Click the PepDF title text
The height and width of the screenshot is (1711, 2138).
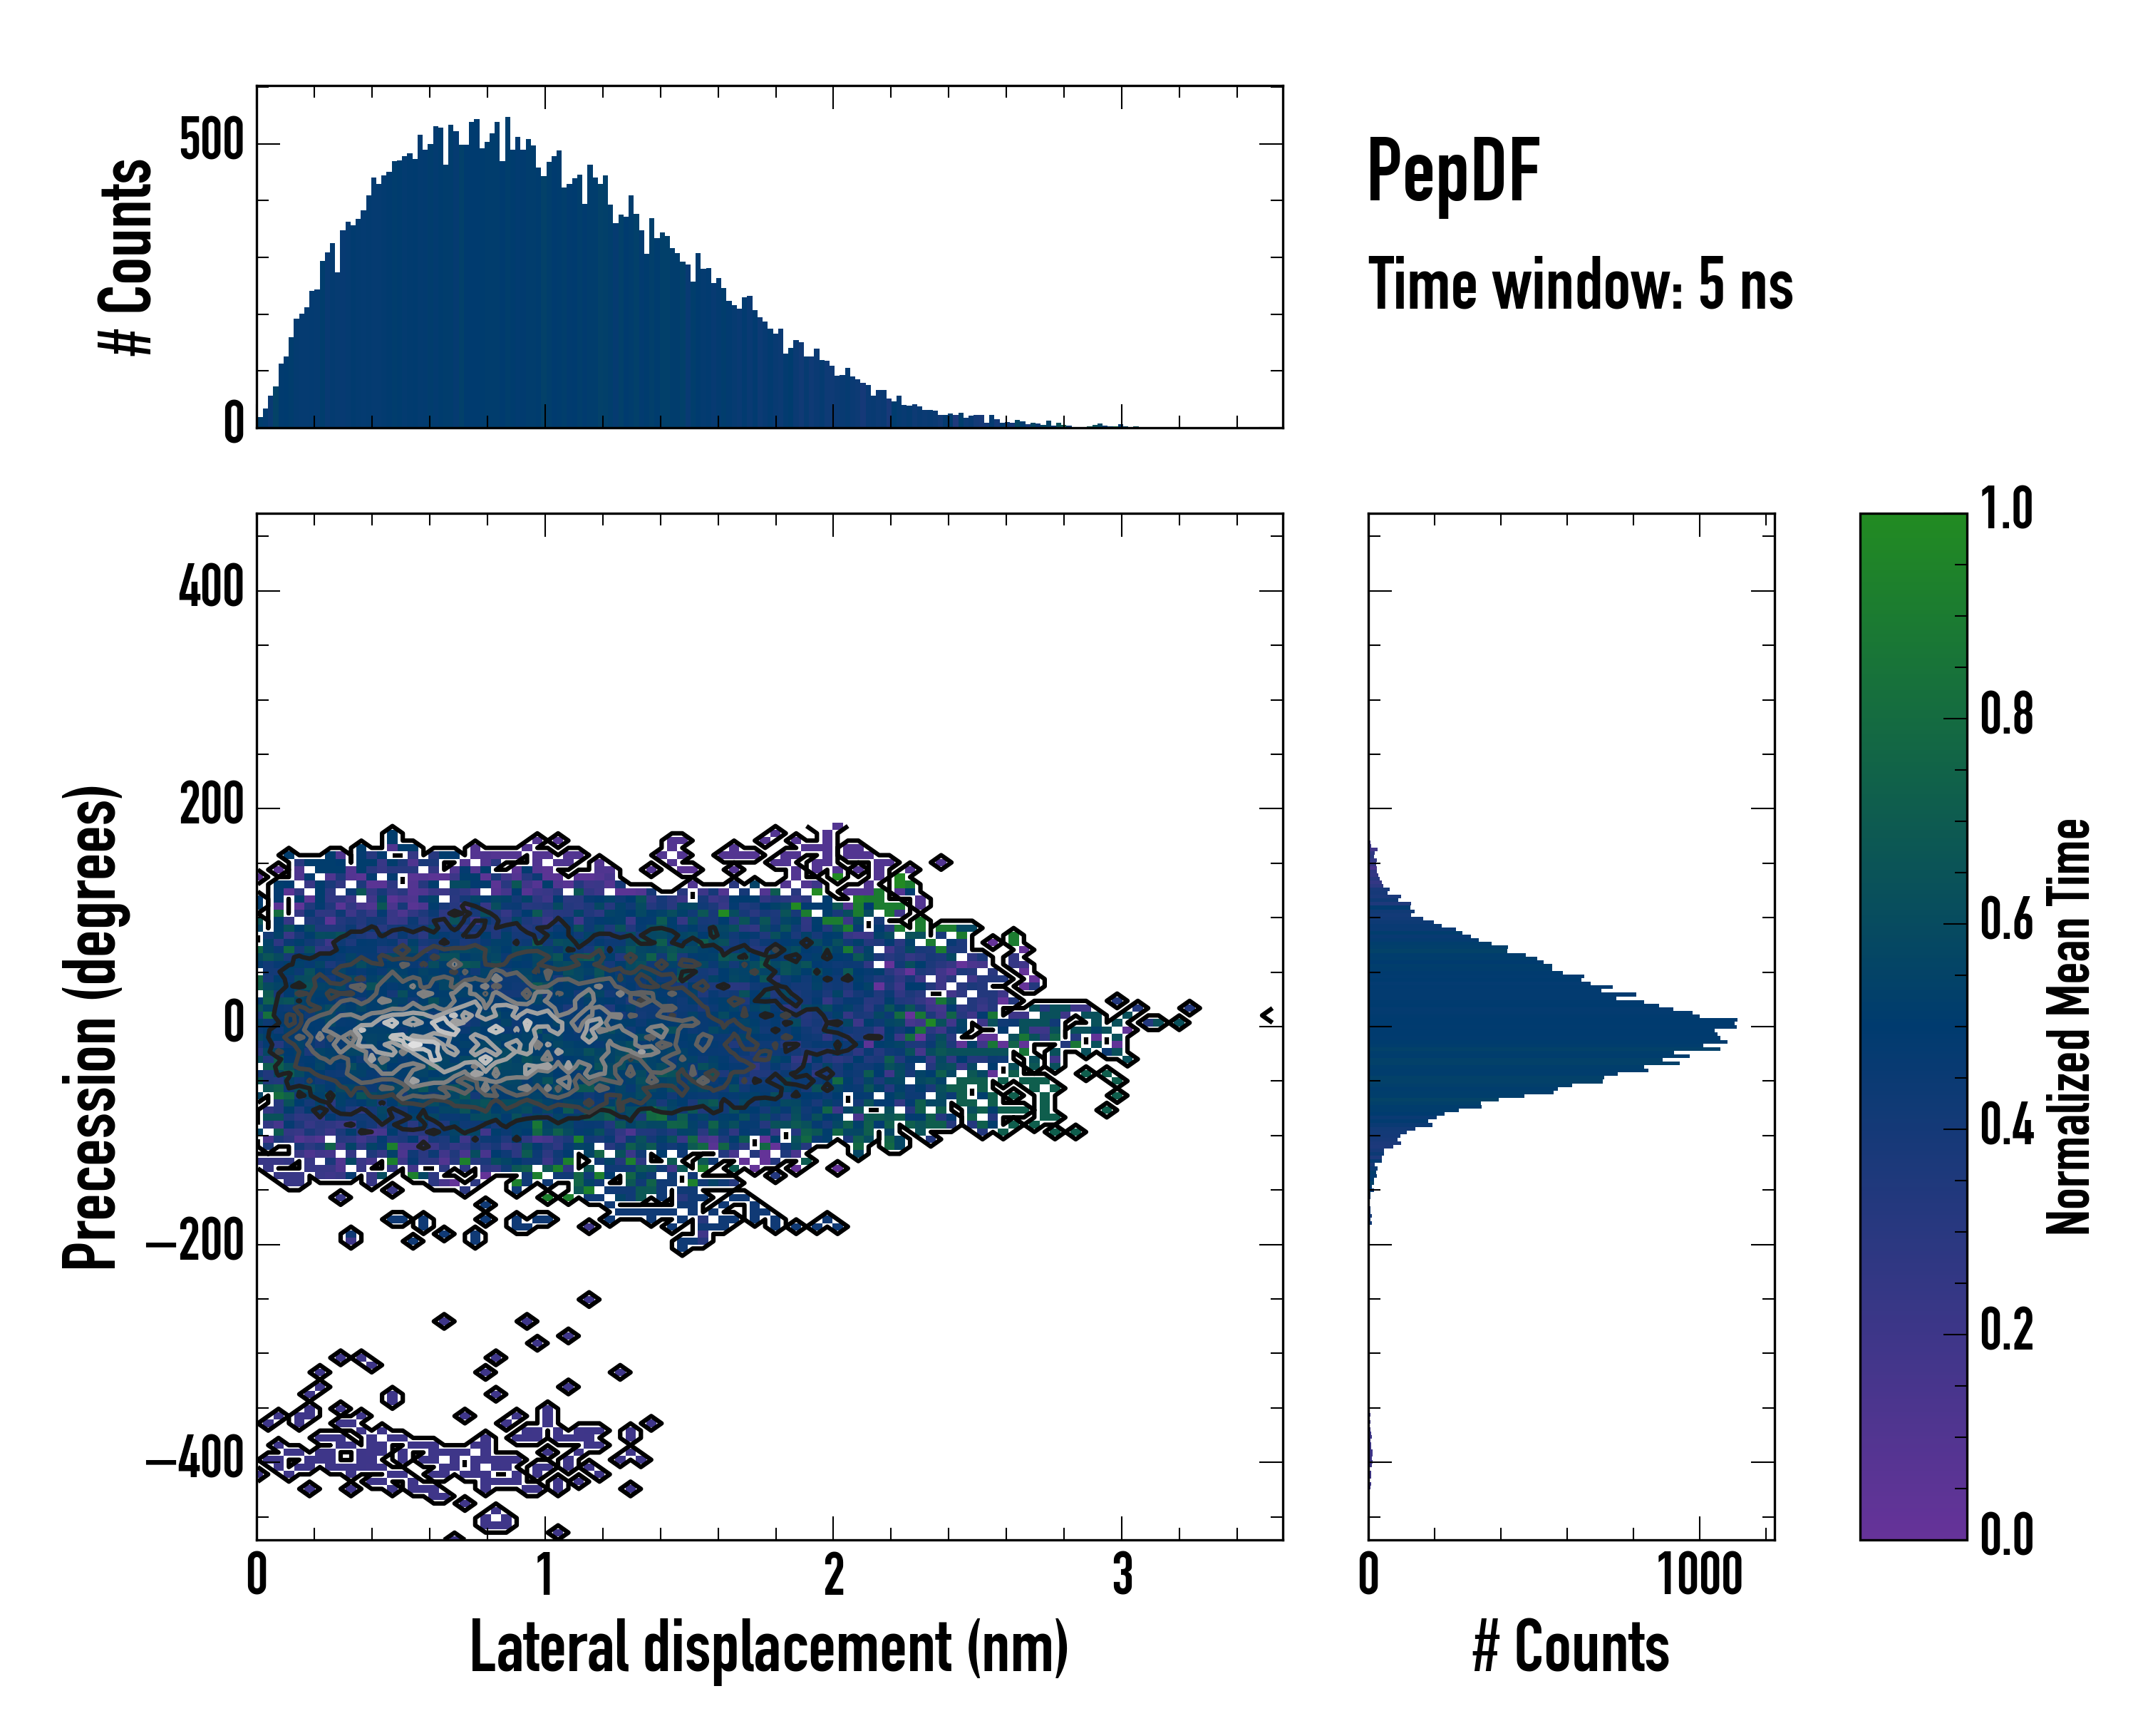point(1452,170)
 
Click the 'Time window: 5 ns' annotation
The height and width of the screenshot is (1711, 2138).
point(1580,284)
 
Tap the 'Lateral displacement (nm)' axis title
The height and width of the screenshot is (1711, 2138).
point(768,1647)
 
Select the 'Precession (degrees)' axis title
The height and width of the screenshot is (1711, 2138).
point(91,1027)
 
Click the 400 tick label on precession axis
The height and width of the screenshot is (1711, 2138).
point(211,588)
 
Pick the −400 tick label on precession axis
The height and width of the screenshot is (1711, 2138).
point(195,1459)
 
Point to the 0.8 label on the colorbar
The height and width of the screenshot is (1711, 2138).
point(2006,715)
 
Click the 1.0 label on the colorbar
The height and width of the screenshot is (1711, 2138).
point(2006,509)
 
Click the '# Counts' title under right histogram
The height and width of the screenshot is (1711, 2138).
point(1571,1647)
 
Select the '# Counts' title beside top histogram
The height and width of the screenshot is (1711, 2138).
point(127,257)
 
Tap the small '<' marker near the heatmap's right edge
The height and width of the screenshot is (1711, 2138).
point(1266,1016)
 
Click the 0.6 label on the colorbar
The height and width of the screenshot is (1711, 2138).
point(2006,920)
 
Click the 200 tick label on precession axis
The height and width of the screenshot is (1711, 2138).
point(211,806)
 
